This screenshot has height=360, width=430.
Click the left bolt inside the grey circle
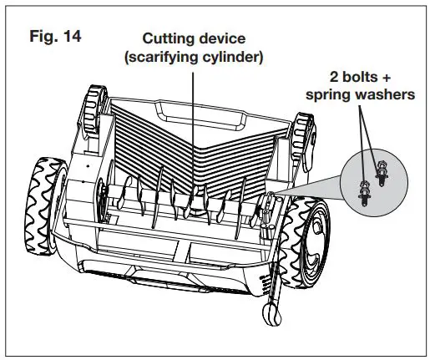coord(364,191)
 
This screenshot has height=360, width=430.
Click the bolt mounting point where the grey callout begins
coord(270,198)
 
